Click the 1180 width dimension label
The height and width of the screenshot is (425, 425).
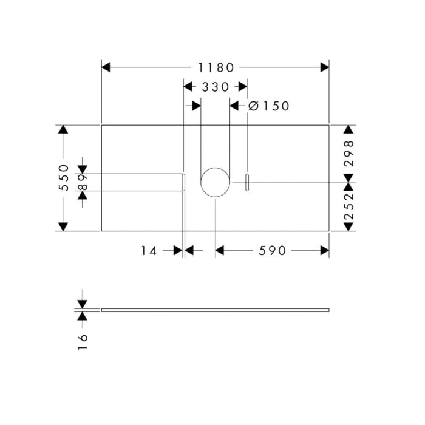(215, 67)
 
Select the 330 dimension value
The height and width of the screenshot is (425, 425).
(216, 87)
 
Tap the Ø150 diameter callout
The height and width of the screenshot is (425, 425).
(269, 106)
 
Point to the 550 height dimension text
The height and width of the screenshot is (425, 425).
(63, 178)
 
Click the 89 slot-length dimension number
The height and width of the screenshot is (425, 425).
(83, 183)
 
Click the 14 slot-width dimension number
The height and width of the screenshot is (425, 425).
(149, 250)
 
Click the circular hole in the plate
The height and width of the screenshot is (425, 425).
(216, 182)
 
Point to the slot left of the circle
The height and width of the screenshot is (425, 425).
(183, 182)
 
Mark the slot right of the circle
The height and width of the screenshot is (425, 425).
(247, 182)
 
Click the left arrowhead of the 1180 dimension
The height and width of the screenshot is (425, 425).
(106, 67)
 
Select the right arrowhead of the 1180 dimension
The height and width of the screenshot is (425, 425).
(324, 67)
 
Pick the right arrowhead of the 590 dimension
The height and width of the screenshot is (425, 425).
(324, 250)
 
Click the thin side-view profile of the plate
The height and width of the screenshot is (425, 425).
(215, 310)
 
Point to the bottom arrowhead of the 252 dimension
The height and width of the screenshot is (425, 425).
(348, 226)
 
